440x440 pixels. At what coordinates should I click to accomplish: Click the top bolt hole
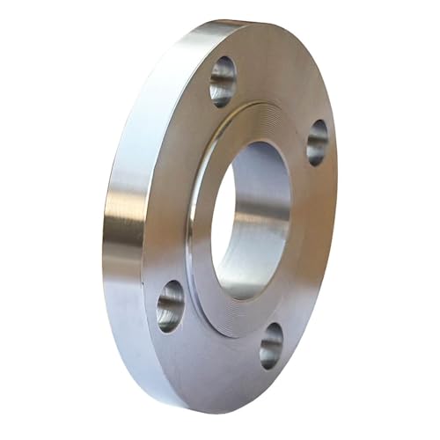223,81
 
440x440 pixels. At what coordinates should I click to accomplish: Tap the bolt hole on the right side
317,142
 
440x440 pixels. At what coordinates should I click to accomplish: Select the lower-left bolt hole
170,305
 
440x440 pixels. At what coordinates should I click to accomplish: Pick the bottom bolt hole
271,345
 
